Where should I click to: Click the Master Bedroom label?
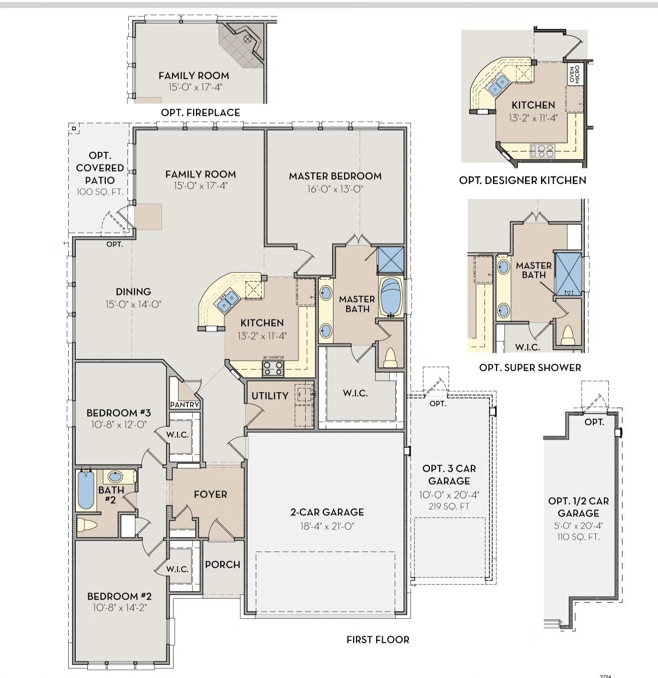point(335,176)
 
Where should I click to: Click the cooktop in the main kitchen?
point(273,369)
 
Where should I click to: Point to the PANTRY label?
point(185,405)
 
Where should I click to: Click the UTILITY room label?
point(270,396)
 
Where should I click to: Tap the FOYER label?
point(210,494)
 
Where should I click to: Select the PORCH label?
point(222,565)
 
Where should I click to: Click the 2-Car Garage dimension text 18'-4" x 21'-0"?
point(327,526)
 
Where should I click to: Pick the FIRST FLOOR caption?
point(378,639)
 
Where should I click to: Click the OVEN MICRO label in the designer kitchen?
point(575,74)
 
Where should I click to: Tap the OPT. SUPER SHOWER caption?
point(530,368)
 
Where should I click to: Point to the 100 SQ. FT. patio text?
point(100,192)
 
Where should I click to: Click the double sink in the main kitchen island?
point(227,301)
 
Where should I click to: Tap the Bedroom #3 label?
point(118,413)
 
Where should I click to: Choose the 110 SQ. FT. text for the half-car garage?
point(578,537)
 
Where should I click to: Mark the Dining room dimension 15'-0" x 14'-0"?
point(133,304)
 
